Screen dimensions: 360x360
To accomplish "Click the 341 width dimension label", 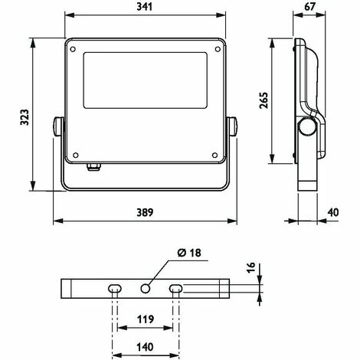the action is (x=145, y=7).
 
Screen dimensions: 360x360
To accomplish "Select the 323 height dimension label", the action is (x=25, y=117).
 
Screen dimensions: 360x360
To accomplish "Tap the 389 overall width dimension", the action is (x=145, y=212).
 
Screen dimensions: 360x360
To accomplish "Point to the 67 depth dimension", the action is (x=309, y=7).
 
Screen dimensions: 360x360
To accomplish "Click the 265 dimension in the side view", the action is (x=264, y=100).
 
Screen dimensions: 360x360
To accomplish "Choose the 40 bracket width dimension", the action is (x=333, y=212).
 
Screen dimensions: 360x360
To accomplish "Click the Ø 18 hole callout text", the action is (x=189, y=253).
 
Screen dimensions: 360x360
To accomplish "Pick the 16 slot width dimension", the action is (x=251, y=267).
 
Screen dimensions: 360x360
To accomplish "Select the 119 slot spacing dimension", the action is (x=146, y=319).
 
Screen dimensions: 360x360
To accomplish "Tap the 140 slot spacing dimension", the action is (x=146, y=347).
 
